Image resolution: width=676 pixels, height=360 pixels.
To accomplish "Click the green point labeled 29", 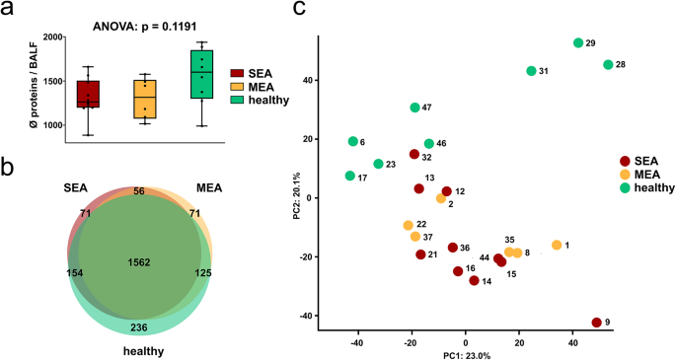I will (x=578, y=43).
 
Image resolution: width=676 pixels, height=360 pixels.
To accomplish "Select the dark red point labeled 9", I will (x=597, y=323).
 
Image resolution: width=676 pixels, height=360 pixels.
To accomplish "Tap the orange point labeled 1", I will (x=557, y=245).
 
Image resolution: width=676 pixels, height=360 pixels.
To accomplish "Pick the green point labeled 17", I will (x=350, y=177).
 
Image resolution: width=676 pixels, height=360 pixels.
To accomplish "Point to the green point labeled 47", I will (x=415, y=108).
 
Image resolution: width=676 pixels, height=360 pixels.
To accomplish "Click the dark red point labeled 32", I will (x=414, y=154).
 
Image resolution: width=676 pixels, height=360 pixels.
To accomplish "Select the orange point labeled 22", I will (x=409, y=226).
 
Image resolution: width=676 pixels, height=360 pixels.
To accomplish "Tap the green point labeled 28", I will (x=608, y=65).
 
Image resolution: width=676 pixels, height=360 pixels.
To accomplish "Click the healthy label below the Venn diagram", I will (x=144, y=350).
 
